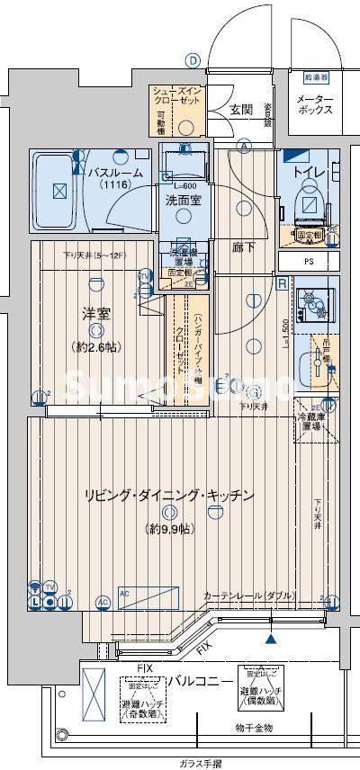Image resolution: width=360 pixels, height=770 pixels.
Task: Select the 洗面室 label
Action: [183, 201]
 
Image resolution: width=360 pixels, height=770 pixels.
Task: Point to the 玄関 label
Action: [240, 110]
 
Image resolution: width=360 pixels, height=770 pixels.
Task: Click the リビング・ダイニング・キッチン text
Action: [168, 496]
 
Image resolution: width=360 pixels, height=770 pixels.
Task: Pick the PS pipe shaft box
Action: [309, 263]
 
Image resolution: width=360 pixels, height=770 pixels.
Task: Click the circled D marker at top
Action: [192, 60]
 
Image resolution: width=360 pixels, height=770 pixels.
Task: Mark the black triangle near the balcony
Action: [270, 639]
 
